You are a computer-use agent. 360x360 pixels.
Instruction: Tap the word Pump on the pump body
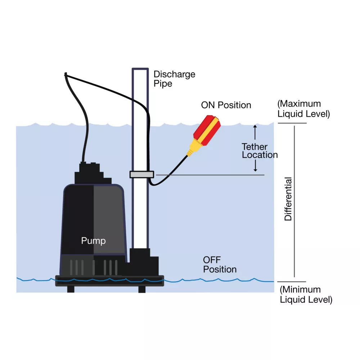(93, 240)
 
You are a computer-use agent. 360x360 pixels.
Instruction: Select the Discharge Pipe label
(174, 79)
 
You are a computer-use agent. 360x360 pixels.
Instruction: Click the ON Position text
(226, 105)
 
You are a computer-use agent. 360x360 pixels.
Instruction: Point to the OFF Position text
(220, 265)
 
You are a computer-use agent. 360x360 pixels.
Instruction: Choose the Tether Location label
(260, 151)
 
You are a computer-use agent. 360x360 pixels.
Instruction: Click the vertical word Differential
(288, 199)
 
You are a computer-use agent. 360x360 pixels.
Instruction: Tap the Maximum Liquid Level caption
(303, 109)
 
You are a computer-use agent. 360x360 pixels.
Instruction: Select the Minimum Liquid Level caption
(306, 294)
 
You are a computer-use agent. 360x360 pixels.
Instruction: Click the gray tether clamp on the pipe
(142, 175)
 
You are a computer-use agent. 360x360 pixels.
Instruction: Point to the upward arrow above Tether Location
(255, 132)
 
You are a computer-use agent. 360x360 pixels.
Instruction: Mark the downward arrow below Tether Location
(255, 166)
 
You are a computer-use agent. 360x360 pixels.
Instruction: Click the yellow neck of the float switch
(192, 148)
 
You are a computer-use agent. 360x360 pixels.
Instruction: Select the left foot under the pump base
(71, 289)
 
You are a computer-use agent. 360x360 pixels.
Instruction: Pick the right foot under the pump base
(142, 289)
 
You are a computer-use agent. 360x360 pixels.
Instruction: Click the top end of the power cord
(66, 75)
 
